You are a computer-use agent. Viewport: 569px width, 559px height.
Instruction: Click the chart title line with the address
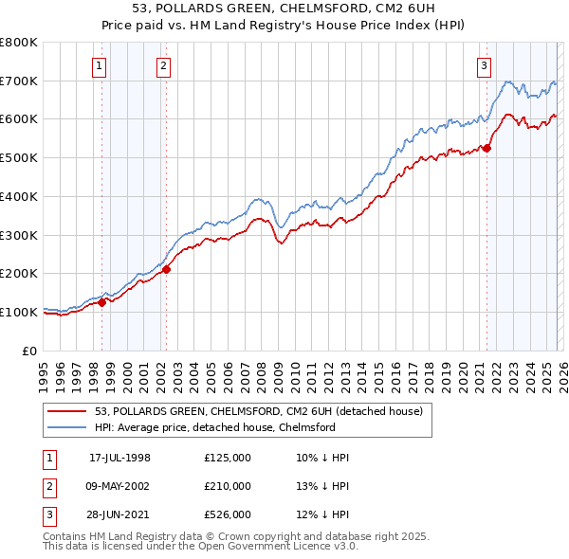(284, 9)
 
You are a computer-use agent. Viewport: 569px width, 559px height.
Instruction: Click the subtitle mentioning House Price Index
(284, 27)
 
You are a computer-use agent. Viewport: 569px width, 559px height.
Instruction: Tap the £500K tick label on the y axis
(19, 157)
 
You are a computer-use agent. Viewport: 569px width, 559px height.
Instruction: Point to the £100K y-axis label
(19, 312)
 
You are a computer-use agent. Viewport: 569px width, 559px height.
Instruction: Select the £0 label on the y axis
(29, 351)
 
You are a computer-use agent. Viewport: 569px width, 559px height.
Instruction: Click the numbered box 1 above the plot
(101, 65)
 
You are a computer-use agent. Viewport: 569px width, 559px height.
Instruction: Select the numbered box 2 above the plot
(164, 65)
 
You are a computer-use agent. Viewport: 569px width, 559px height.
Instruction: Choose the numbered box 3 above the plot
(485, 65)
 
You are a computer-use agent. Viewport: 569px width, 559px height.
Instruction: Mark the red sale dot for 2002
(166, 269)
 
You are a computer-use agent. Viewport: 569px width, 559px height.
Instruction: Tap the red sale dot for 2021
(487, 147)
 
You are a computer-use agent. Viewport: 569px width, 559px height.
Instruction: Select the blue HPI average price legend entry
(228, 427)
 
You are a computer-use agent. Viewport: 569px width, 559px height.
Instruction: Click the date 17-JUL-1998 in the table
(119, 458)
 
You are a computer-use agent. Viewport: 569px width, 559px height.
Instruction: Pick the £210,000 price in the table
(228, 486)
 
